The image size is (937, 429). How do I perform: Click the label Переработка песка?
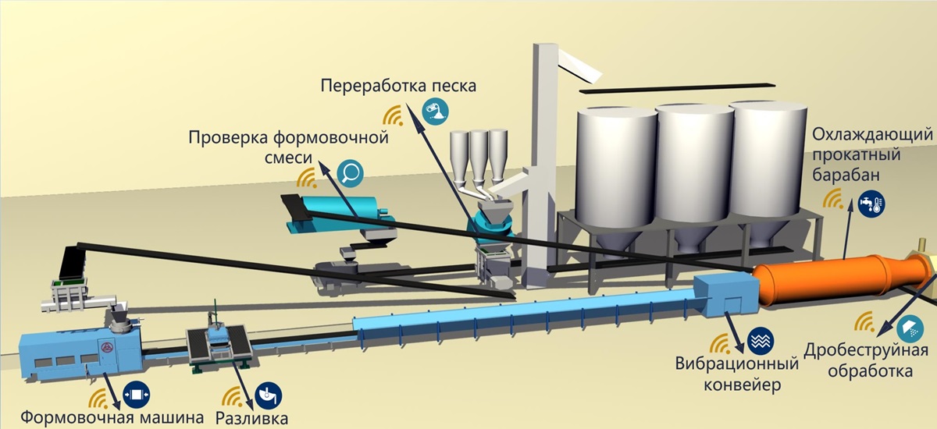(398, 84)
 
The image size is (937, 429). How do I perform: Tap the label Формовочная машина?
(113, 417)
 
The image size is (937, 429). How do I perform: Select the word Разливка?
(252, 417)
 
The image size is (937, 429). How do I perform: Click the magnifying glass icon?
(351, 171)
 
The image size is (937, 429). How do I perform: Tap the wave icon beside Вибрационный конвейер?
(760, 341)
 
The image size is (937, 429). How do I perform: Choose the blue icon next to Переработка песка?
(434, 112)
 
